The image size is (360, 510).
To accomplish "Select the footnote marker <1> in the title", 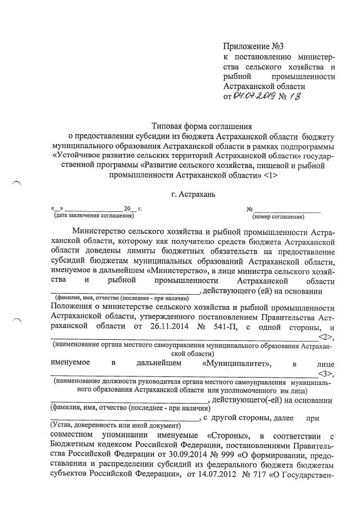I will tap(270, 175).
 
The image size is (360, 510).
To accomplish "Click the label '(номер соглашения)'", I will tap(278, 216).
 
